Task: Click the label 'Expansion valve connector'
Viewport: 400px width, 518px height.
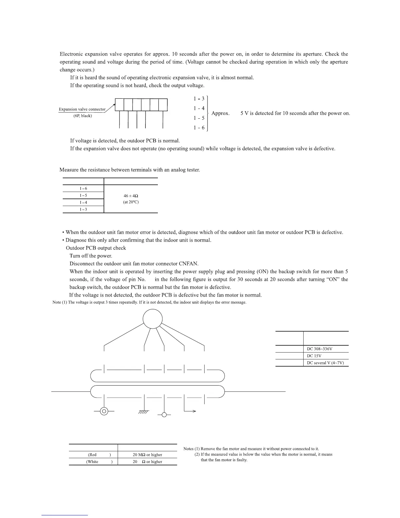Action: [x=82, y=109]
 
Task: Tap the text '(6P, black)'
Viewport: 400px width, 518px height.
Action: [x=83, y=116]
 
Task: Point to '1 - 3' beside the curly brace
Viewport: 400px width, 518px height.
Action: [x=199, y=98]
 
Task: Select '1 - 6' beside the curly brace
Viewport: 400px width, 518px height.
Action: [x=199, y=128]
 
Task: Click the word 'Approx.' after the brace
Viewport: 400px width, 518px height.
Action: [x=221, y=113]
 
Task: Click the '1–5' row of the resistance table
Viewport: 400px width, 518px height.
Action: [x=83, y=196]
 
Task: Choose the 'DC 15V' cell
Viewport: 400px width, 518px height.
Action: [x=314, y=356]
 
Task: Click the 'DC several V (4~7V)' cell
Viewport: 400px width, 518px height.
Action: [x=325, y=363]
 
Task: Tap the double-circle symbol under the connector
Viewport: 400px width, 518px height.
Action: [x=104, y=411]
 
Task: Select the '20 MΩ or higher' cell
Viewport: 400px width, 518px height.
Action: [x=147, y=455]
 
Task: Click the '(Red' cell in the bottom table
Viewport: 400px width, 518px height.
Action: [x=92, y=455]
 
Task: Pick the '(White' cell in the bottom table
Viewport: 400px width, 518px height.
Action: [x=92, y=462]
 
